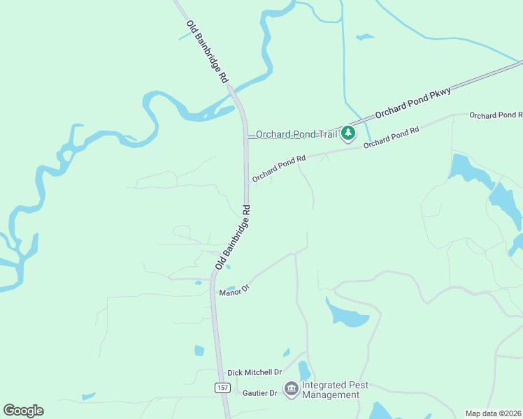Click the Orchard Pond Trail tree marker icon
348,133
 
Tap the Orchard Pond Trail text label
296,134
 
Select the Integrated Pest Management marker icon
291,388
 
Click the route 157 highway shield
222,388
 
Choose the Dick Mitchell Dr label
254,372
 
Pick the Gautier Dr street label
255,393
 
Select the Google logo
23,411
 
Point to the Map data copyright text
493,413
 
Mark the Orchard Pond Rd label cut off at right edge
496,115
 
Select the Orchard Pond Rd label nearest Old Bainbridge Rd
280,169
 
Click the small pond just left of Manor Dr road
231,288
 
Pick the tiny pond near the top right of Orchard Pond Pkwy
364,36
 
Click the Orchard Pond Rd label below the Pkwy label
391,136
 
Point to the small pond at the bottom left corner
88,397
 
